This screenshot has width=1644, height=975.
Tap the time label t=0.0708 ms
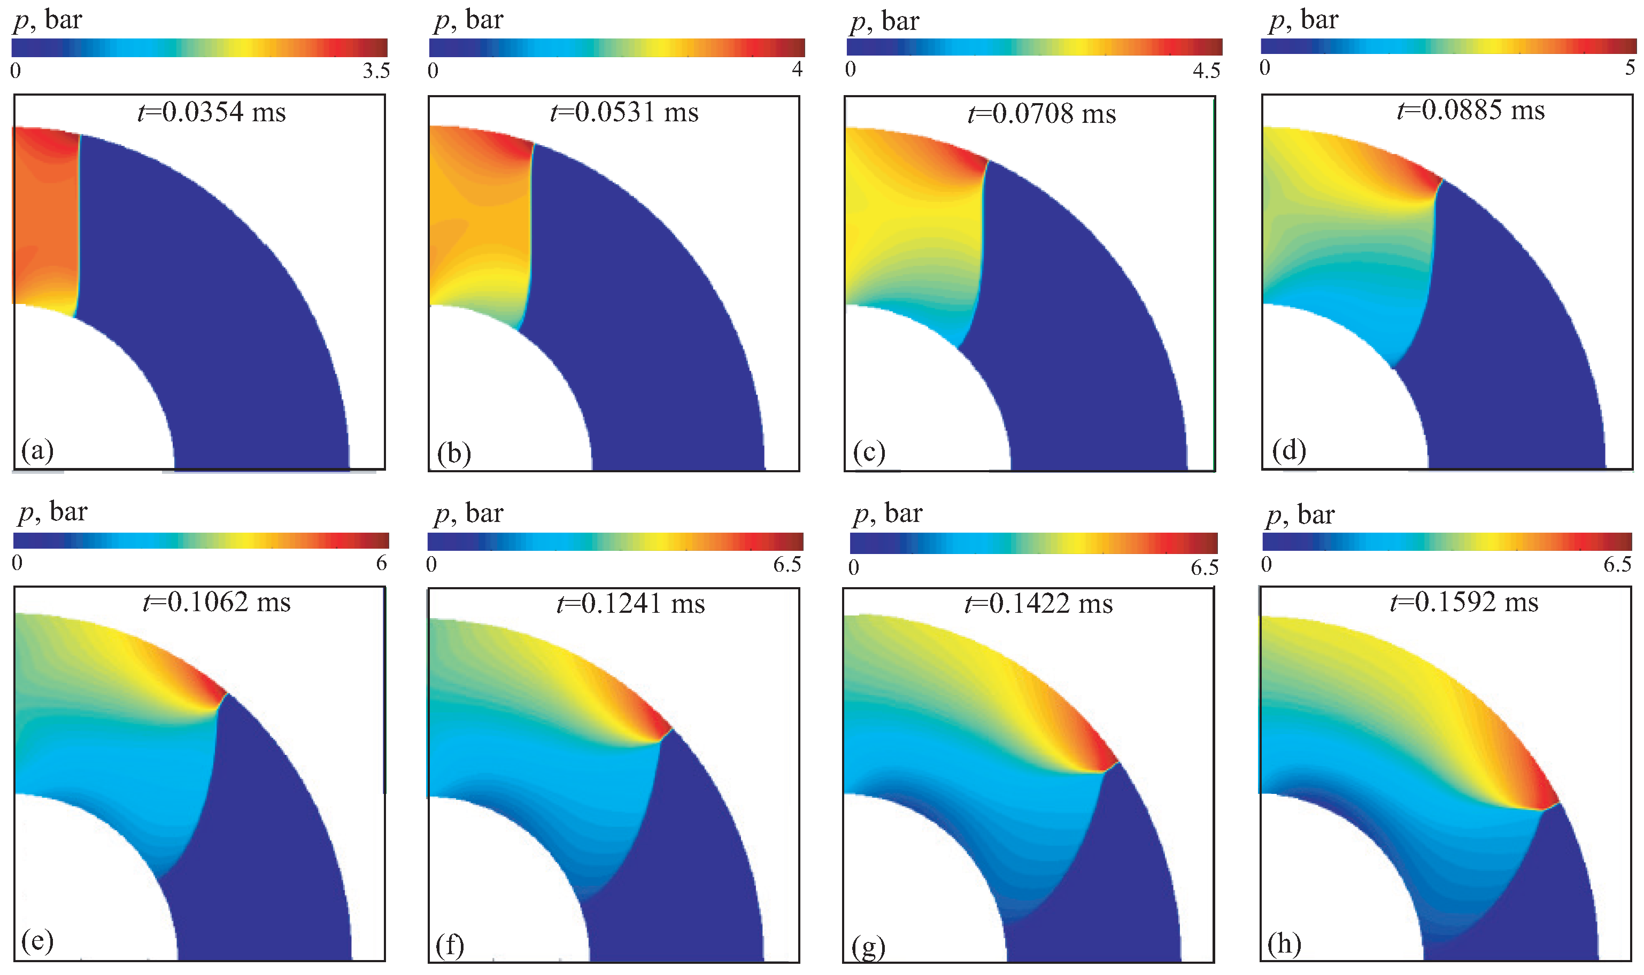click(1042, 114)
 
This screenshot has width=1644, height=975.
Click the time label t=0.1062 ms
click(217, 602)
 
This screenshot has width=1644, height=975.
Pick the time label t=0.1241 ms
click(630, 603)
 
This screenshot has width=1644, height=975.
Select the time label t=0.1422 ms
click(1039, 603)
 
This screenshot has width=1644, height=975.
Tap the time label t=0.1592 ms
click(1464, 602)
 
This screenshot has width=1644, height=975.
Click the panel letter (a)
click(37, 451)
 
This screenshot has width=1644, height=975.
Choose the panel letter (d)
click(1288, 451)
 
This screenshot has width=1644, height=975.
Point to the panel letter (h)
click(1284, 943)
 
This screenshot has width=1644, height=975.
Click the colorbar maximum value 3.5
click(376, 71)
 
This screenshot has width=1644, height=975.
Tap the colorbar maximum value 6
click(381, 563)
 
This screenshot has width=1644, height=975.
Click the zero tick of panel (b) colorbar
click(433, 71)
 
